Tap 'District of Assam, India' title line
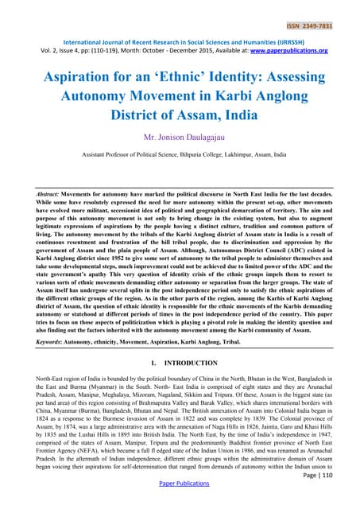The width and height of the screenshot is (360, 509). [x=180, y=119]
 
